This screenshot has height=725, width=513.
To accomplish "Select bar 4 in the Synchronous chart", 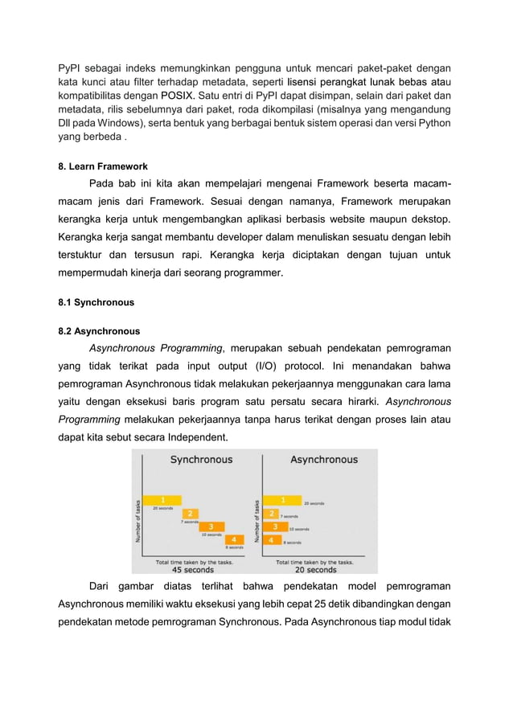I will (x=233, y=539).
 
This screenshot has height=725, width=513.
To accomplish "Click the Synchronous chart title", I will (x=201, y=460).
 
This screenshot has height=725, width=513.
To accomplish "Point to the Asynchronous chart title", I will (x=323, y=460).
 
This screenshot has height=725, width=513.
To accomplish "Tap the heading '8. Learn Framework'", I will (x=103, y=166).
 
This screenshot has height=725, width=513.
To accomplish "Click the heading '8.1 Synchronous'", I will (x=96, y=303).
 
